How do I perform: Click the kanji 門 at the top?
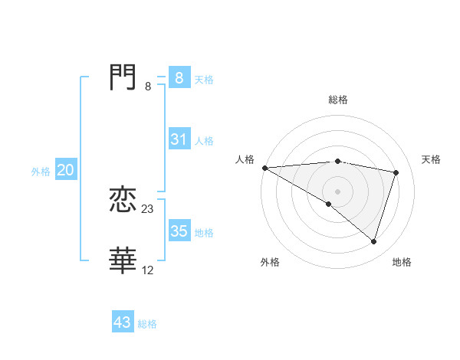click(x=123, y=77)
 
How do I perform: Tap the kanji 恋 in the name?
click(x=123, y=201)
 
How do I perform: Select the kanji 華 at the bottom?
click(x=123, y=261)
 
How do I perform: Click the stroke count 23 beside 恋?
click(x=148, y=209)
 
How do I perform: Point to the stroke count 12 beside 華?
click(x=148, y=270)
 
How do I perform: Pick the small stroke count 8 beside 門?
click(x=148, y=87)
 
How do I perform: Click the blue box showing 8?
click(x=179, y=77)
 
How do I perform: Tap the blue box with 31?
click(x=179, y=139)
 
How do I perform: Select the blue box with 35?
click(x=179, y=231)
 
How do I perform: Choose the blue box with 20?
click(x=65, y=170)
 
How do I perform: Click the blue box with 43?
click(x=122, y=322)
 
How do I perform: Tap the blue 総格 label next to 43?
click(x=147, y=324)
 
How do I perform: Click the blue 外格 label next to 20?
click(x=41, y=172)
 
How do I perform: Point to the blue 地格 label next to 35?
click(x=204, y=233)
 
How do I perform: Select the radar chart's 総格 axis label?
click(x=338, y=100)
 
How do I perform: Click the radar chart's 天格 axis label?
click(x=432, y=159)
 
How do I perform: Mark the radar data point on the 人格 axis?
click(x=264, y=168)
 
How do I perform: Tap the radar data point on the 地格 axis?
click(x=373, y=241)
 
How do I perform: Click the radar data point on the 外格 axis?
click(x=329, y=204)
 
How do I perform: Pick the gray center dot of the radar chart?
click(x=337, y=191)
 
